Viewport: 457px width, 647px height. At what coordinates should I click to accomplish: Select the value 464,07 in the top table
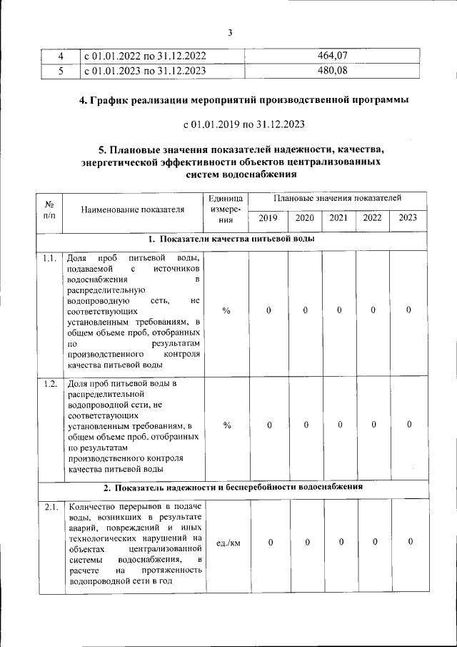pyautogui.click(x=332, y=56)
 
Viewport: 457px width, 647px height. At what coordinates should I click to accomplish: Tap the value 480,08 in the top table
pyautogui.click(x=332, y=70)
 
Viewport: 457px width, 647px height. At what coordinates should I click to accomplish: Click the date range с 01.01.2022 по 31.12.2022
pyautogui.click(x=145, y=56)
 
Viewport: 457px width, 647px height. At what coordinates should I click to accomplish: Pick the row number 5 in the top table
pyautogui.click(x=61, y=70)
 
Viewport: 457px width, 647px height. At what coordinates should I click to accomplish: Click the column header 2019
pyautogui.click(x=268, y=218)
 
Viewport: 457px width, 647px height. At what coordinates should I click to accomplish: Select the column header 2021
pyautogui.click(x=338, y=218)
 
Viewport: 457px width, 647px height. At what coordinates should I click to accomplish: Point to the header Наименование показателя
pyautogui.click(x=132, y=209)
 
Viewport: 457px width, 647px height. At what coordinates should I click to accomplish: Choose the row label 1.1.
pyautogui.click(x=49, y=258)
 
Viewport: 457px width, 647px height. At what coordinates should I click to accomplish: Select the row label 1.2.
pyautogui.click(x=49, y=384)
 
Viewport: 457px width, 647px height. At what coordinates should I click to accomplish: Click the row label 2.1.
pyautogui.click(x=50, y=508)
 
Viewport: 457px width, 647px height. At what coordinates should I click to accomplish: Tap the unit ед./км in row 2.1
pyautogui.click(x=227, y=543)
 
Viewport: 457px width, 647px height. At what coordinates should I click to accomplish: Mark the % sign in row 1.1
pyautogui.click(x=226, y=310)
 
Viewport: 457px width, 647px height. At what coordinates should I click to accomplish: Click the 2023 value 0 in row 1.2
pyautogui.click(x=409, y=425)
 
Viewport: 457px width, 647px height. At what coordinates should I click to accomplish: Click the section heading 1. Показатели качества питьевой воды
pyautogui.click(x=232, y=239)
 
